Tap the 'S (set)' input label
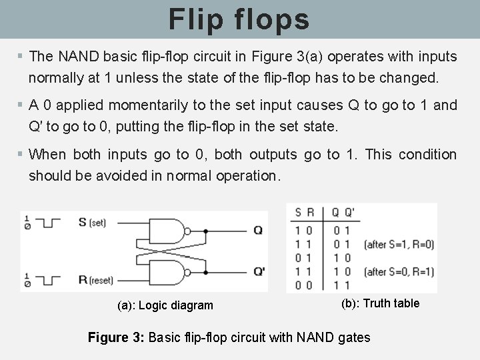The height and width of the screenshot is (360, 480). tap(92, 222)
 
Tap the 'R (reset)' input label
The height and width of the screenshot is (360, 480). tap(95, 280)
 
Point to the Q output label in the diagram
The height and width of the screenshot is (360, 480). tap(258, 230)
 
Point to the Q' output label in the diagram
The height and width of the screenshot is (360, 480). tap(259, 272)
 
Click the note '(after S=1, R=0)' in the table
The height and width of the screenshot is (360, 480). tap(399, 245)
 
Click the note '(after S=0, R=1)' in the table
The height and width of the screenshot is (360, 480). tap(399, 271)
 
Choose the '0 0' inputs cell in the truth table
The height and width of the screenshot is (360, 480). tap(305, 285)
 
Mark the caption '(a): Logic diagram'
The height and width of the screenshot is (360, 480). tap(165, 305)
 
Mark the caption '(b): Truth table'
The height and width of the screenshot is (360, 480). tap(380, 303)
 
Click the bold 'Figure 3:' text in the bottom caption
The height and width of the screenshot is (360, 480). tap(116, 337)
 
